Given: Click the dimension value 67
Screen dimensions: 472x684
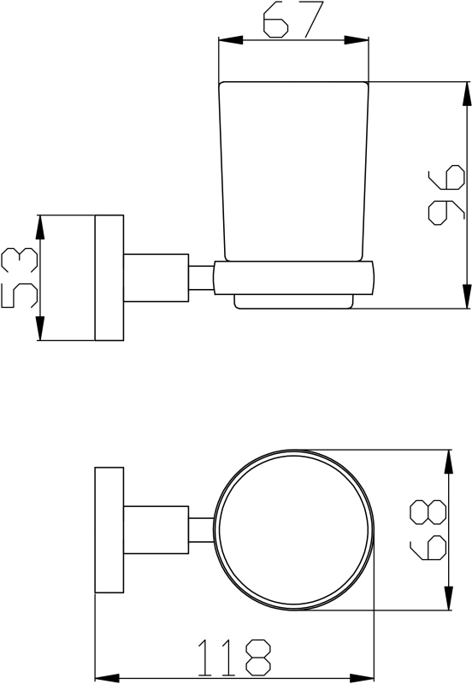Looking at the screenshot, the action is (293, 19).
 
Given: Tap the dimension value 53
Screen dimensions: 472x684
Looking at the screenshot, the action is (20, 277).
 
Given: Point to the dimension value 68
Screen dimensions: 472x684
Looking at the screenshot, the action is (428, 530).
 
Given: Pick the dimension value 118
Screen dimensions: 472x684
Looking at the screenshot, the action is (234, 657).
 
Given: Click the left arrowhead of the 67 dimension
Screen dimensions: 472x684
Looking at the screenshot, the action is (230, 40).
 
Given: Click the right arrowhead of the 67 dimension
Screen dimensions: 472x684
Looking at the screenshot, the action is (357, 40).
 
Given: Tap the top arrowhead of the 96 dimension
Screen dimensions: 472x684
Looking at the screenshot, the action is (466, 94).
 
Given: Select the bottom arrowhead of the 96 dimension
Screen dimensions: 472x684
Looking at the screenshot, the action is (466, 296).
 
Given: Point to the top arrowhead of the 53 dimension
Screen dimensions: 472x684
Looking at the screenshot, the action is (39, 227).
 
